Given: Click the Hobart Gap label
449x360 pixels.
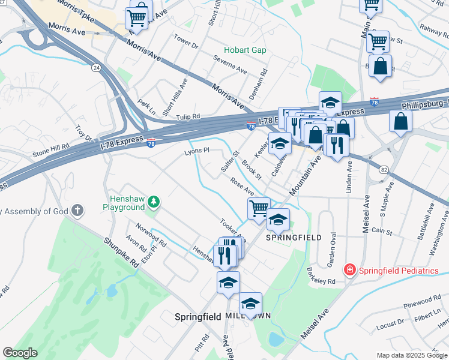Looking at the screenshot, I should coord(245,50).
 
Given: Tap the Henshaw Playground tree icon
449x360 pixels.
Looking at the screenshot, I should coord(154,201).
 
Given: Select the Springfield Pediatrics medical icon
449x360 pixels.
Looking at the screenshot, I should coord(349,271).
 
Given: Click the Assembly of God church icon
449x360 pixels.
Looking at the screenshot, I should coord(76,210).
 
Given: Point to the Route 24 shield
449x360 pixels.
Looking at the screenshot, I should coord(96,68).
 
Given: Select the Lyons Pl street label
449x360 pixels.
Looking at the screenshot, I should coord(196,151).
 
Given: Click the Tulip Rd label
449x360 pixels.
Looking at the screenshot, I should coord(188,116).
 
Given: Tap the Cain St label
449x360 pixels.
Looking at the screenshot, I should coord(382,231).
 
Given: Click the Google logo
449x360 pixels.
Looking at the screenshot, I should coord(19,353).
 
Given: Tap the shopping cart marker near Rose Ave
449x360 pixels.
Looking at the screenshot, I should coord(259,209).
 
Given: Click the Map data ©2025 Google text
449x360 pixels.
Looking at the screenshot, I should coord(412,355).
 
